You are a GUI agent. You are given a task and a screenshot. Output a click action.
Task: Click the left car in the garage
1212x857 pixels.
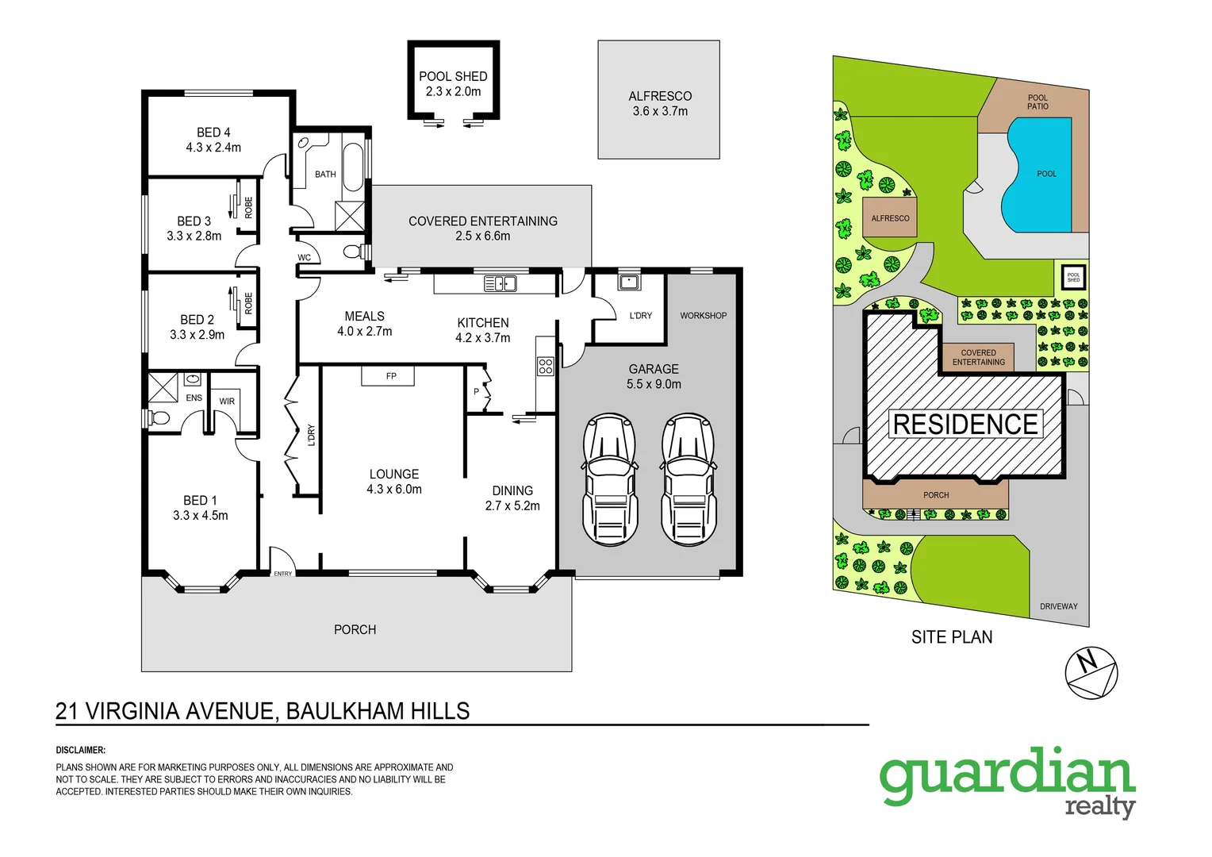[610, 479]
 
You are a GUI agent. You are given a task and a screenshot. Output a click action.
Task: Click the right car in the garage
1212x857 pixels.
[688, 479]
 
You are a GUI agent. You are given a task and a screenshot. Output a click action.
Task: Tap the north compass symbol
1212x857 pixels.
[1091, 673]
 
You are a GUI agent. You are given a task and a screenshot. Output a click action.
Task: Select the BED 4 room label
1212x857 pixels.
[213, 133]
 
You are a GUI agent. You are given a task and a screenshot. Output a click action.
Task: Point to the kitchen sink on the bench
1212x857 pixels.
[500, 283]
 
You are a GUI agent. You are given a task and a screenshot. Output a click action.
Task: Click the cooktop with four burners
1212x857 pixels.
[546, 366]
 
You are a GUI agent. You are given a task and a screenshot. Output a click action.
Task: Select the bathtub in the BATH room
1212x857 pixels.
[353, 167]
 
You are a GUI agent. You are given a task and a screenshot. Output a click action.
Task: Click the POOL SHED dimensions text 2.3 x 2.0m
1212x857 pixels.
[453, 91]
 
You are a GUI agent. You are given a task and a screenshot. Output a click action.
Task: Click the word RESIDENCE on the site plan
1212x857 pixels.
[965, 425]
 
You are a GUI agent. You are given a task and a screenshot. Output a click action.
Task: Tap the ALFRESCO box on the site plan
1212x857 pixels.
[890, 217]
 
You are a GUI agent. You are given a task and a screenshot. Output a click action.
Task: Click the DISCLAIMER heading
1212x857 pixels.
[80, 750]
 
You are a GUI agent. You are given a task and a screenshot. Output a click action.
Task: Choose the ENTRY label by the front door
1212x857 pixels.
[283, 574]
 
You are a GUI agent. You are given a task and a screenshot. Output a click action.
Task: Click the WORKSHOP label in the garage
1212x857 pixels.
[703, 315]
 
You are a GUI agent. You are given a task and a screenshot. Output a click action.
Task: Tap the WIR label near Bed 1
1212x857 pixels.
[227, 401]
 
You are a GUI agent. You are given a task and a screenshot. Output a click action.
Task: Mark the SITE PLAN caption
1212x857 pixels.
[951, 637]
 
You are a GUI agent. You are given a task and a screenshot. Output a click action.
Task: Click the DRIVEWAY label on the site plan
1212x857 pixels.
[1058, 606]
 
